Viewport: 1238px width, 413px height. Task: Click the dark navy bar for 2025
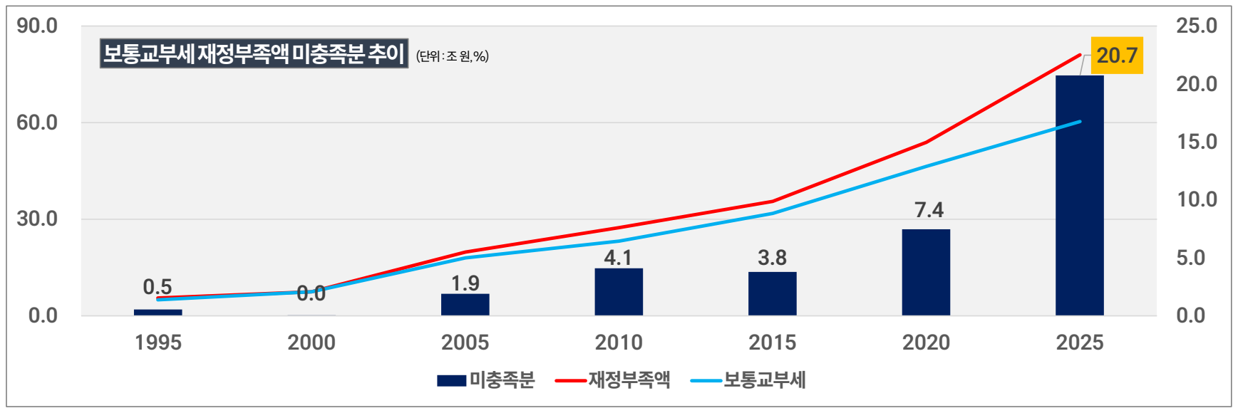point(1079,195)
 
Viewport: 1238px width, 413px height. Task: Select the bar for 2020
point(926,272)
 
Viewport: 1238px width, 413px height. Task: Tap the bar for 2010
point(619,291)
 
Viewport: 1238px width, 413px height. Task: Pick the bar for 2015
point(772,293)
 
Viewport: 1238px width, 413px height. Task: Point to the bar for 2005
point(465,304)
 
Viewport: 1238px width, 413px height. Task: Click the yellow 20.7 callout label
point(1117,56)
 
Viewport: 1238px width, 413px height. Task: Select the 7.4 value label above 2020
point(929,210)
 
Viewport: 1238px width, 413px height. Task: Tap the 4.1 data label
point(618,257)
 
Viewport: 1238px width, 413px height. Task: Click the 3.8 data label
point(772,258)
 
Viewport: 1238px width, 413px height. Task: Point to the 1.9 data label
point(465,283)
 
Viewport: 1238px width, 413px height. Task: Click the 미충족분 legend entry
point(486,380)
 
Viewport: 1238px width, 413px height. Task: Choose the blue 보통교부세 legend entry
point(748,380)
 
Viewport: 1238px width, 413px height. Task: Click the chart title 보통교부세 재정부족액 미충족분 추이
point(254,53)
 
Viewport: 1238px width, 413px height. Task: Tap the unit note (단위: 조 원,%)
point(453,56)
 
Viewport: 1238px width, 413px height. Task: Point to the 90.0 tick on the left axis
point(37,26)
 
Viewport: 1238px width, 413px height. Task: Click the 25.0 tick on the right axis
point(1197,26)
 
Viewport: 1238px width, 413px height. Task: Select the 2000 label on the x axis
point(311,343)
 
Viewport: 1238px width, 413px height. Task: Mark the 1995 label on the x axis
point(158,343)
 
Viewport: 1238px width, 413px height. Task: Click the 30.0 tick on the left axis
point(37,219)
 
